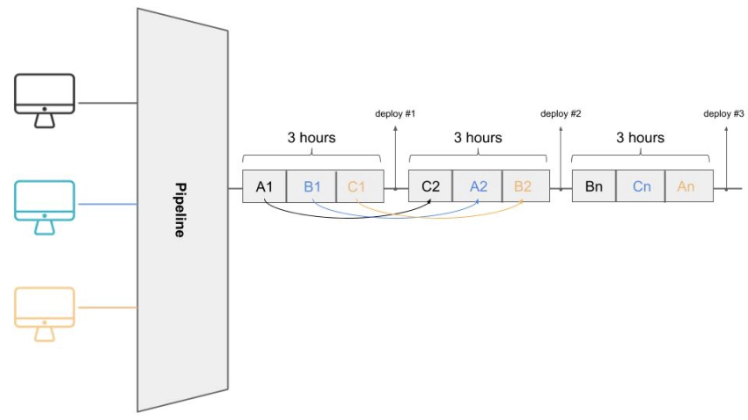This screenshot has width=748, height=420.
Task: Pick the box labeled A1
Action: point(265,186)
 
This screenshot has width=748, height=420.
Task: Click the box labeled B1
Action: point(312,186)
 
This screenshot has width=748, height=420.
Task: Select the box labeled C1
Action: point(356,186)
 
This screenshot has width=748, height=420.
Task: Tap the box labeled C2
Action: point(430,186)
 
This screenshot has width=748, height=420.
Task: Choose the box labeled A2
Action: point(478,186)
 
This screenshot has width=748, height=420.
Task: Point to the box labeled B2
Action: point(524,186)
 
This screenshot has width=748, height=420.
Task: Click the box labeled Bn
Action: point(594,186)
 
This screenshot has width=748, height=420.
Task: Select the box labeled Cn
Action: point(641,186)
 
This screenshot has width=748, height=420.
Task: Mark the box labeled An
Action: point(686,186)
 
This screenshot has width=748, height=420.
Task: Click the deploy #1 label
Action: point(394,114)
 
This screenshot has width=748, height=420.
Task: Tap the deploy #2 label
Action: point(561,114)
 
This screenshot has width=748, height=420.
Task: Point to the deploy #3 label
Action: point(723,114)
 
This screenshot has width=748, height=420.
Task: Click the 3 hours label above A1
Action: point(312,138)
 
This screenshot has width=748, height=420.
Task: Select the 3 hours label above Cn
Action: point(641,138)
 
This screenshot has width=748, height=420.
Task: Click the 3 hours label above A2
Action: point(478,138)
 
